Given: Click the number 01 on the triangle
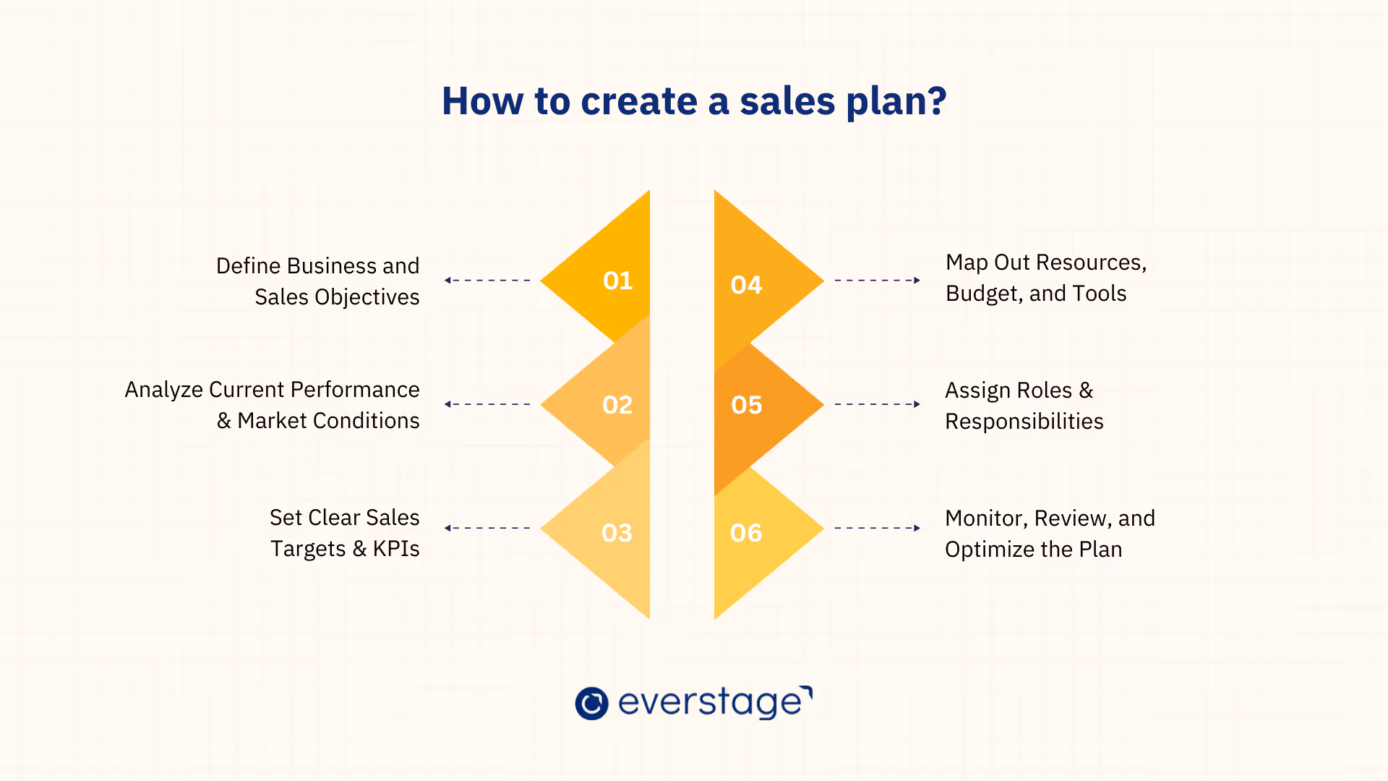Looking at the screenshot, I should tap(617, 281).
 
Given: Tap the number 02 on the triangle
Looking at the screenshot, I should tap(617, 405).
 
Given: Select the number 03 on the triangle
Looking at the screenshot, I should tap(617, 533).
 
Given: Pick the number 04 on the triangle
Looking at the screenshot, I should tap(746, 285).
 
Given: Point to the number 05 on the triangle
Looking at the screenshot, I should tap(746, 405).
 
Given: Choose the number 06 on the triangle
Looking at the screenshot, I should tap(746, 533).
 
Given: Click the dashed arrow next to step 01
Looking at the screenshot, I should tap(487, 280).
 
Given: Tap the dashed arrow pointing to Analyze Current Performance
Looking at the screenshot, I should tap(487, 404).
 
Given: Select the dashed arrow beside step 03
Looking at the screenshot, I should tap(487, 528).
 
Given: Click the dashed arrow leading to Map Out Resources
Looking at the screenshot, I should tap(877, 280).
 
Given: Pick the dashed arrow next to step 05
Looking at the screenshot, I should tap(877, 404).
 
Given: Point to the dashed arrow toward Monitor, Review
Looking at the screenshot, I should tap(877, 528).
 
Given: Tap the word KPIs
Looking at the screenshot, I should tap(396, 549).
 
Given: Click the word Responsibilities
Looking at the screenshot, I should tap(1024, 422).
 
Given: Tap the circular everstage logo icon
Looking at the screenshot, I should tap(591, 703).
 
